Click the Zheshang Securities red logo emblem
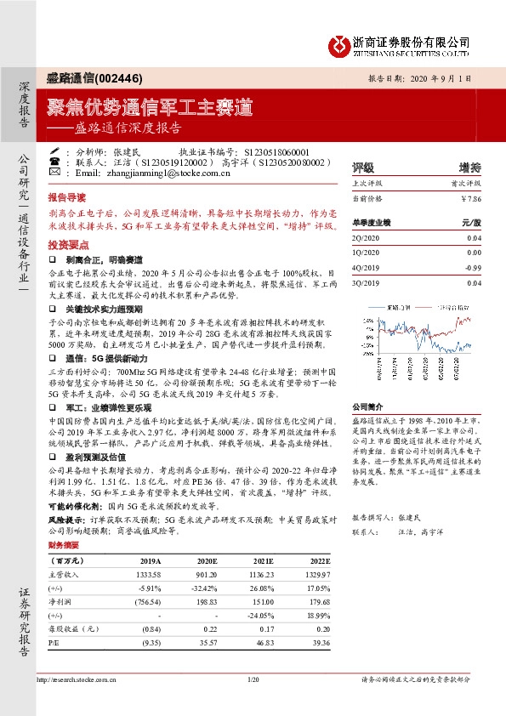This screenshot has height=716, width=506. click(338, 44)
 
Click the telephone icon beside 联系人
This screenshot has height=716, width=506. click(55, 159)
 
